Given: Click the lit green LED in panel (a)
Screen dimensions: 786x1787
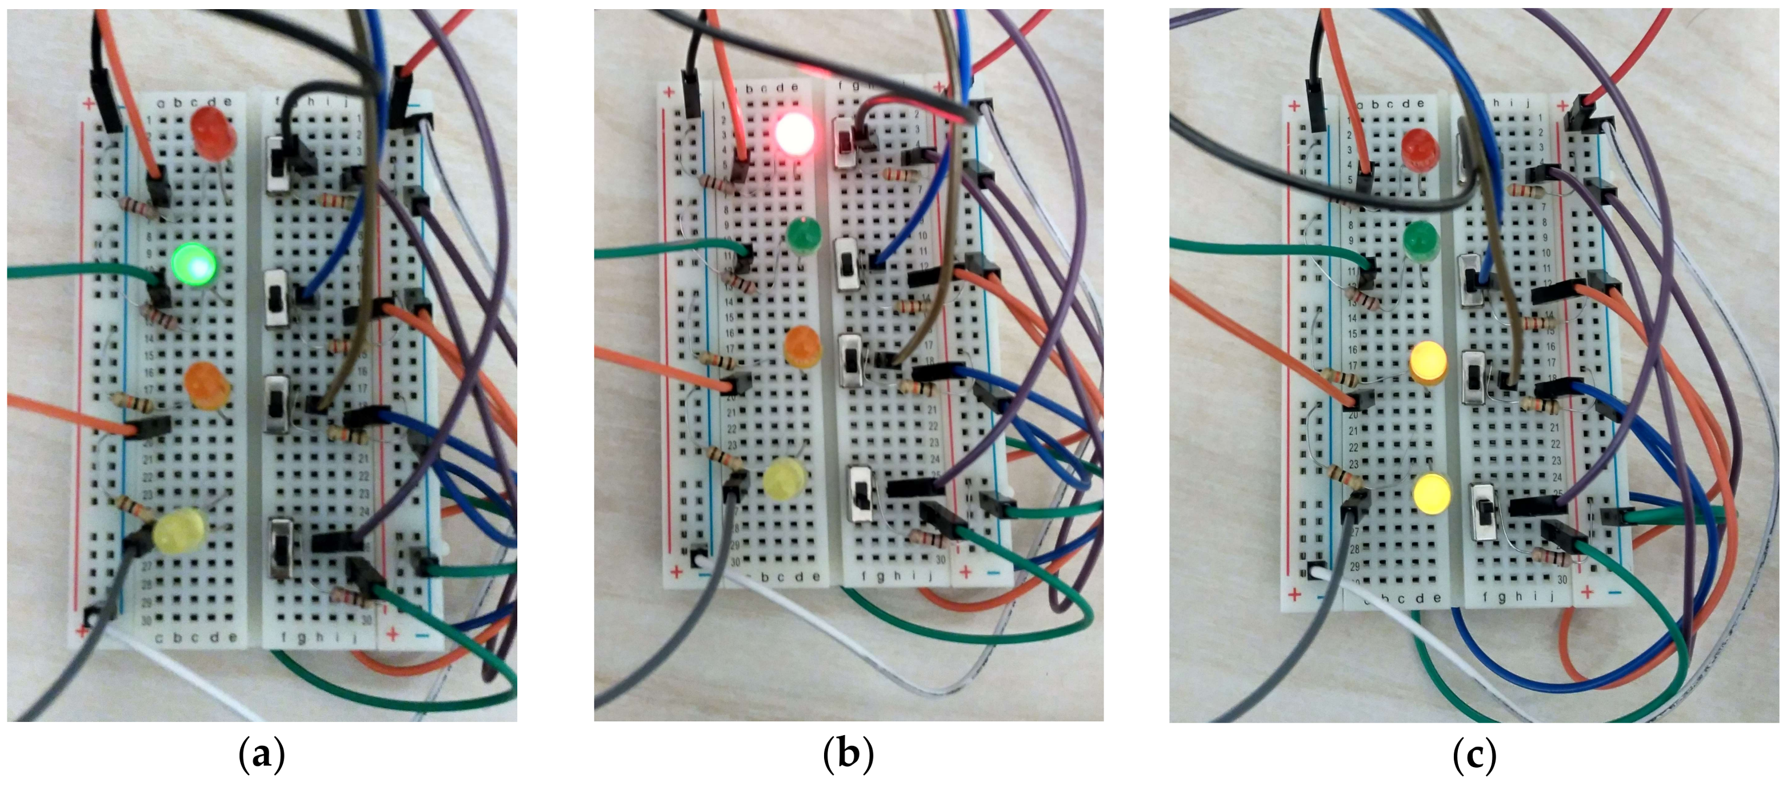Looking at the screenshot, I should tap(194, 264).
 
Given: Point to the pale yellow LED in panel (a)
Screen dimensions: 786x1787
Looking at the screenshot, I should tap(179, 530).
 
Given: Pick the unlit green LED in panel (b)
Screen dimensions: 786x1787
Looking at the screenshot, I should tap(805, 234).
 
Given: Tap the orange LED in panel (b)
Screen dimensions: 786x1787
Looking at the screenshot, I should tap(802, 346).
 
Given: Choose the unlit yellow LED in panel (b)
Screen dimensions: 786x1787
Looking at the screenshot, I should tap(785, 478).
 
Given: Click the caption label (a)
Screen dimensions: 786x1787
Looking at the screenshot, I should tap(262, 754).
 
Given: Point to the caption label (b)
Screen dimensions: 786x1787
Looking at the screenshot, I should tap(847, 754).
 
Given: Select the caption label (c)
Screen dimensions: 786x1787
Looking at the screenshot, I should tap(1474, 754).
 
